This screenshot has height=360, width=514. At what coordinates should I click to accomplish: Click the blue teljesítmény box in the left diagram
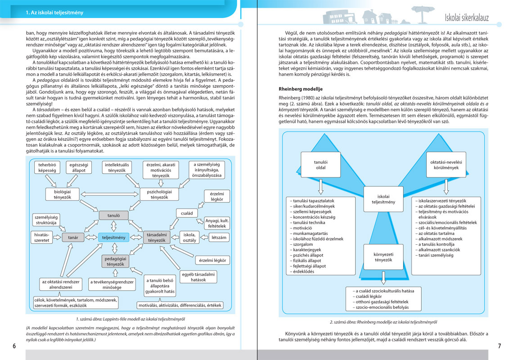113,237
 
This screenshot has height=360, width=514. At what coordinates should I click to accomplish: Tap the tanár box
73,237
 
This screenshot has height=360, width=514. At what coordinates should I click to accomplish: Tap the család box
187,213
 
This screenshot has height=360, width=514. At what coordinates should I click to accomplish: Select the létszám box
218,237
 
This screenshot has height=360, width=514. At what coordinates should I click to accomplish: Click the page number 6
14,346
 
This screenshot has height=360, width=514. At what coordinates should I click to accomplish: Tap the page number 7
499,346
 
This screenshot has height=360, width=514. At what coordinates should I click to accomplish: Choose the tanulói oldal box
320,164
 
